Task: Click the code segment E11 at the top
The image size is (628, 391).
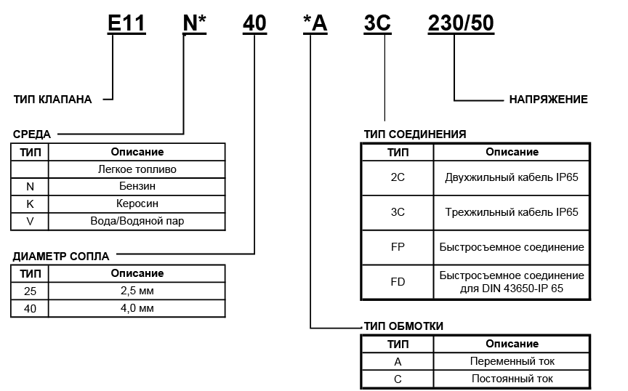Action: pos(126,23)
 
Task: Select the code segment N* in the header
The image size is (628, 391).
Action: pos(195,23)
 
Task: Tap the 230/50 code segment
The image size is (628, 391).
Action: pos(460,23)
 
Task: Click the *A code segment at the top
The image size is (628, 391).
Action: pos(315,23)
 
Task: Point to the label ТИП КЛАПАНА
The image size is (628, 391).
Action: pos(53,100)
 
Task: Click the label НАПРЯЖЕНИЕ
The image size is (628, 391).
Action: pos(549,100)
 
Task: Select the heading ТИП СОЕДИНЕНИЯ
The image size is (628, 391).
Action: pos(415,134)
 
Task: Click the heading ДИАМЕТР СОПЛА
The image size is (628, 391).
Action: pos(61,257)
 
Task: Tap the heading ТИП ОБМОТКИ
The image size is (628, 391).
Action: pos(403,326)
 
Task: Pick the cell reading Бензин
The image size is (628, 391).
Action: pos(137,187)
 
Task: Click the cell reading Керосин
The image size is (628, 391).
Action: pos(137,204)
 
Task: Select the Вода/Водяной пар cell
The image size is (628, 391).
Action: pos(137,221)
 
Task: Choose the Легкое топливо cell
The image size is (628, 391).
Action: pos(137,169)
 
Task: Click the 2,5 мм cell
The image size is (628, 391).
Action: pos(137,291)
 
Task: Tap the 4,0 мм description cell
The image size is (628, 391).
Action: pos(137,308)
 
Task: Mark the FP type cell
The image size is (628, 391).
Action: pos(398,247)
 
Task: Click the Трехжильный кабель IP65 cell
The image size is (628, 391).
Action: pos(512,213)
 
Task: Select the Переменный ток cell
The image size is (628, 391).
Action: pos(512,361)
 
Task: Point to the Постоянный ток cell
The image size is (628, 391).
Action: pos(512,379)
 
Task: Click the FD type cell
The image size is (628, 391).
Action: pos(398,282)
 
